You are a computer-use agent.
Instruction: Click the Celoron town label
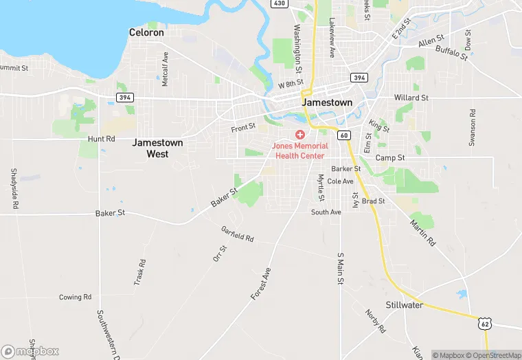point(146,32)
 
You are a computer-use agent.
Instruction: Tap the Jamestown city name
point(327,102)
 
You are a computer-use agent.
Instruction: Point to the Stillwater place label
point(404,304)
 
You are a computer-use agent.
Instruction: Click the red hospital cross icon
point(300,134)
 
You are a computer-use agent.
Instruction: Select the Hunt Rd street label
point(101,139)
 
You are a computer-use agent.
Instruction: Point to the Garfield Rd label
point(238,234)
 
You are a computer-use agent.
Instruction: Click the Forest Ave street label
point(261,283)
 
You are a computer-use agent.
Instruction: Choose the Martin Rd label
point(422,232)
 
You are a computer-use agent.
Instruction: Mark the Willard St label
point(411,98)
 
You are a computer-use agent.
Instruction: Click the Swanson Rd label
point(473,126)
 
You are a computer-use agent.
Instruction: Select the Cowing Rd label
point(75,297)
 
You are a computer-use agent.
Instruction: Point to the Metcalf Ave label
point(165,69)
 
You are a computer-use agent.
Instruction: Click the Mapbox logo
point(30,350)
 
